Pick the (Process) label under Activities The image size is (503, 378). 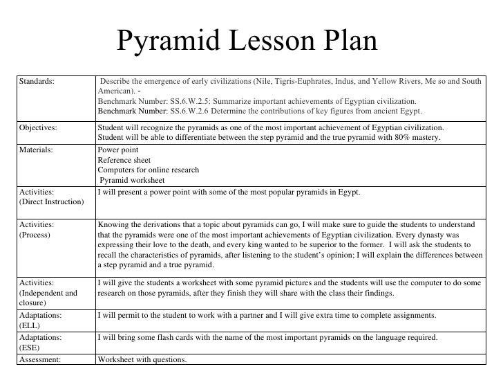click(32, 237)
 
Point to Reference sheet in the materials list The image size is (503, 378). click(124, 159)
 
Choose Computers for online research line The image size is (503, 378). click(149, 170)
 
